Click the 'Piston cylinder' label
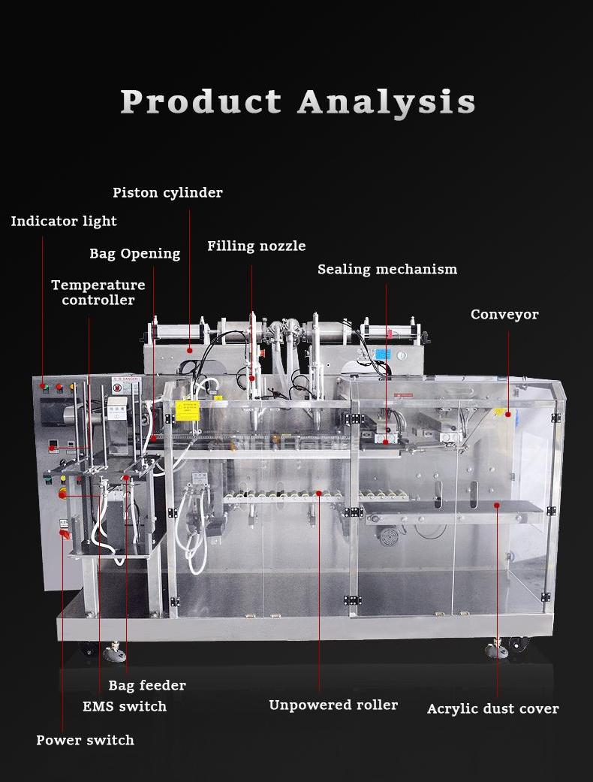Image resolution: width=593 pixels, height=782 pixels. pos(167,193)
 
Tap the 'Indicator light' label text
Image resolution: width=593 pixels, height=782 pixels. pos(64,222)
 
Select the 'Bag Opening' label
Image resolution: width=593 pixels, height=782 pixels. pos(135,254)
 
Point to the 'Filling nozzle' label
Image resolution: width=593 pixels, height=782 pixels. pos(257,246)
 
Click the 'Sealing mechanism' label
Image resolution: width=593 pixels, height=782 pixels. pos(387,270)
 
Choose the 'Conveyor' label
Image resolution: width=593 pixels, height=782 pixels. pos(504,315)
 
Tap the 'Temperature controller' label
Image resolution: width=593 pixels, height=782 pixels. pos(98,292)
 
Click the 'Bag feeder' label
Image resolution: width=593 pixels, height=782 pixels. pos(147,685)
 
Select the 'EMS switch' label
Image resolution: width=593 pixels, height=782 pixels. pos(125,707)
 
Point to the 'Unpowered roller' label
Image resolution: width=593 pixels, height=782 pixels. pos(333,705)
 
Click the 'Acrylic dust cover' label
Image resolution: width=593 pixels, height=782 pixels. pos(493,709)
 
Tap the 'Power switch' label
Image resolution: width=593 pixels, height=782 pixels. pos(86,741)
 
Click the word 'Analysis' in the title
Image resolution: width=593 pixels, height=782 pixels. pos(387,101)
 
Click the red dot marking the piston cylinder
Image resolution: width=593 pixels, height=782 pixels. pos(190,350)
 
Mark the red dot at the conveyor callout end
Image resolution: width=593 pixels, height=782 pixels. pos(508,414)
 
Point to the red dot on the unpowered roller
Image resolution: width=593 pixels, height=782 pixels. pos(319,494)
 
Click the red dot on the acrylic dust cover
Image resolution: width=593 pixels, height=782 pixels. pos(497,506)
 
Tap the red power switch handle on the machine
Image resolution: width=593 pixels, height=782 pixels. pos(65,534)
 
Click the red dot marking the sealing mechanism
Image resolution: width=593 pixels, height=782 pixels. pos(386,442)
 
